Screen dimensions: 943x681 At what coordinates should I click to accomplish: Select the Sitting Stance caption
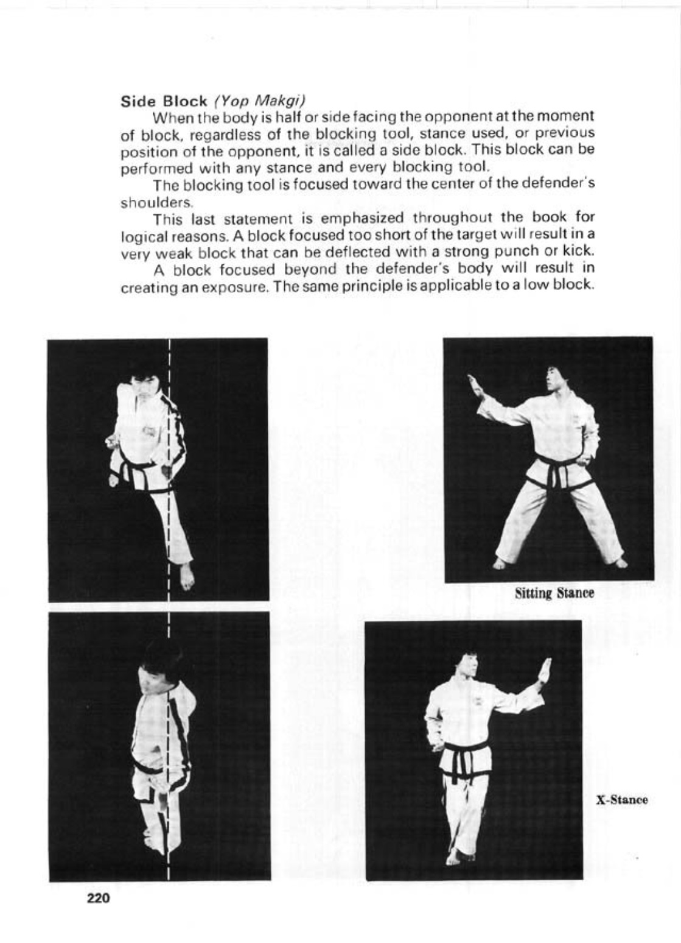pos(554,593)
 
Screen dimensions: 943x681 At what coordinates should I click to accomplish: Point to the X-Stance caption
pos(621,800)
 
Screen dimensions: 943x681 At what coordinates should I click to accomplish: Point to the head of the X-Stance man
pos(467,666)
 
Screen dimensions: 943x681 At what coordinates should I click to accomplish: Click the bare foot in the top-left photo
pos(187,576)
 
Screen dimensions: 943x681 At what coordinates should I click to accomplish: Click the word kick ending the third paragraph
pos(578,252)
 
